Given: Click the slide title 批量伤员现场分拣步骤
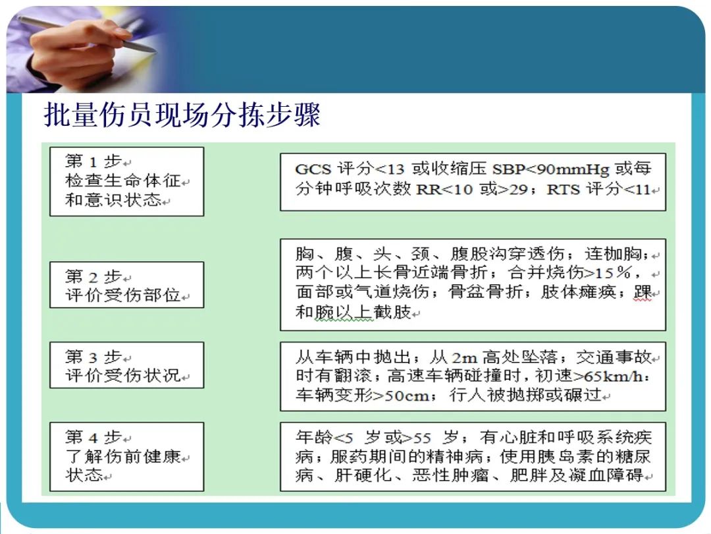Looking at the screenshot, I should click(x=182, y=115).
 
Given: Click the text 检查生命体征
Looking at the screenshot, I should click(x=122, y=181).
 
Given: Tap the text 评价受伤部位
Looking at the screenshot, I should click(x=122, y=296).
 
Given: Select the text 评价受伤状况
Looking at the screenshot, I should click(x=122, y=376).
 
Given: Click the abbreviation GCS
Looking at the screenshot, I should click(x=313, y=169).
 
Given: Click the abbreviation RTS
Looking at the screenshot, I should click(x=564, y=189).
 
